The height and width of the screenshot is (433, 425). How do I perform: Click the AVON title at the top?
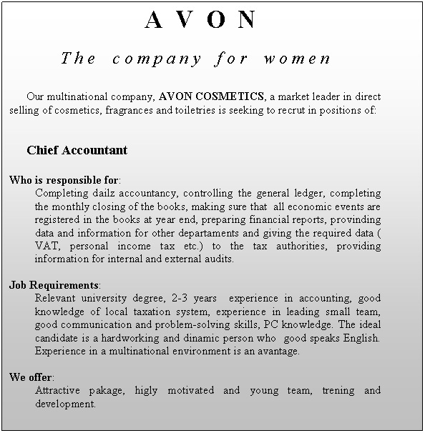[200, 20]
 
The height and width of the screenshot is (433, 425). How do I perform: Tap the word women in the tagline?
[296, 58]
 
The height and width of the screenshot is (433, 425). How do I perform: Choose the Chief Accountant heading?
[77, 151]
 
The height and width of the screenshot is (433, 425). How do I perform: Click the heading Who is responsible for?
[64, 179]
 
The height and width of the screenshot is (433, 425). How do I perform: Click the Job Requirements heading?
[54, 285]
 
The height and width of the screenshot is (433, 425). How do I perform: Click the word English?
[361, 338]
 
